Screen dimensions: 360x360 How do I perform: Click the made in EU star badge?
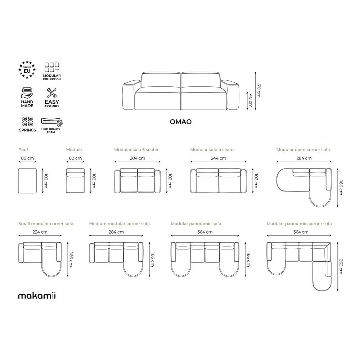click(x=27, y=69)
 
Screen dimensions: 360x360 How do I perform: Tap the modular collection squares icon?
click(x=51, y=67)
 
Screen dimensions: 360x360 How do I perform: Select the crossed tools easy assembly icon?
click(x=51, y=93)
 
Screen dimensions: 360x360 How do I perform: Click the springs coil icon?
click(x=28, y=121)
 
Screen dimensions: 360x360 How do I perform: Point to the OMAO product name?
click(x=181, y=122)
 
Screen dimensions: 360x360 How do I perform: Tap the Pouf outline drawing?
click(x=27, y=181)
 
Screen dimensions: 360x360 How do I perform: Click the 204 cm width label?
click(x=138, y=158)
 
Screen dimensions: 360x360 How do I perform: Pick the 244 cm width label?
click(x=219, y=158)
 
